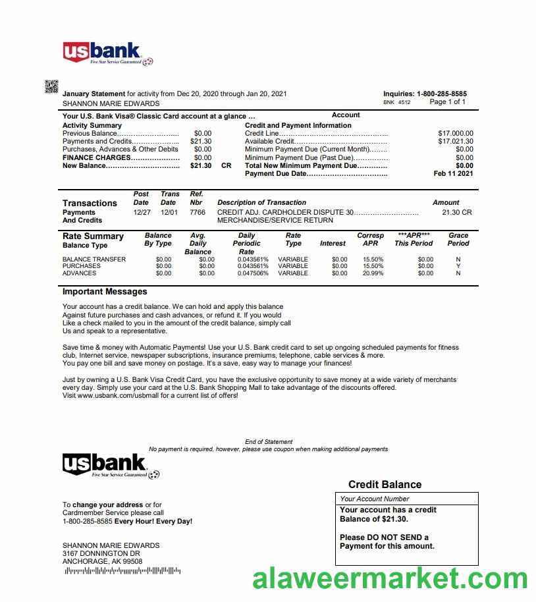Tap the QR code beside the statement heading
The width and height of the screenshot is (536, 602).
[x=51, y=86]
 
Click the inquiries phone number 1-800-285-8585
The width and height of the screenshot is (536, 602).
[x=441, y=94]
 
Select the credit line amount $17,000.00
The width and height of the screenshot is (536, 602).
[x=455, y=134]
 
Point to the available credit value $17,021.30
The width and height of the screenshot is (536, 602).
[x=455, y=142]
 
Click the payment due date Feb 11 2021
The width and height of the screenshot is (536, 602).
[x=453, y=174]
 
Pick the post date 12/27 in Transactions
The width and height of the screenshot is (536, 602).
[x=142, y=213]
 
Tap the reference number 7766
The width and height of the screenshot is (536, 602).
[x=197, y=213]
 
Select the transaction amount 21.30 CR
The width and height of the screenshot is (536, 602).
[x=456, y=213]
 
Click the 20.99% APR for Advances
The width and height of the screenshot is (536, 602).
[x=373, y=273]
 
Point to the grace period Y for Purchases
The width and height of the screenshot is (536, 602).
[x=458, y=266]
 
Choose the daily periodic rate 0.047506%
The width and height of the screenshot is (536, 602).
[x=253, y=273]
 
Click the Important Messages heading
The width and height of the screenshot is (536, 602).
[x=105, y=292]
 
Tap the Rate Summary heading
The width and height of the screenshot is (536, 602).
[x=93, y=236]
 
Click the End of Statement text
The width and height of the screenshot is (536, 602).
[x=269, y=442]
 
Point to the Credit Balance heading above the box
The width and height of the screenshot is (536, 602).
[x=385, y=485]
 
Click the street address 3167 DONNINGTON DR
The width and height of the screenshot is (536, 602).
[x=101, y=554]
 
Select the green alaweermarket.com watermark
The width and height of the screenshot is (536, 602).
[x=390, y=580]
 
